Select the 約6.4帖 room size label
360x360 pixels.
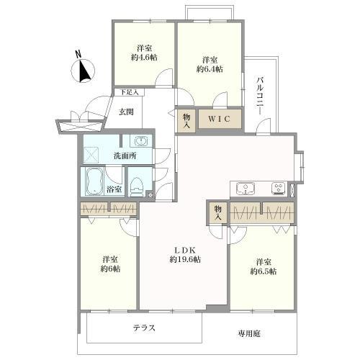tap(210, 69)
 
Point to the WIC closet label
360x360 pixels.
tap(220, 119)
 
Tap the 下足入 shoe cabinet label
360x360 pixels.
tap(130, 92)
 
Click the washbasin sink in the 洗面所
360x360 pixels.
tap(141, 140)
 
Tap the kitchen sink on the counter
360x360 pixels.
tap(247, 189)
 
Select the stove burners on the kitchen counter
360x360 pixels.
tap(277, 189)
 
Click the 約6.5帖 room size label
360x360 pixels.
tap(264, 271)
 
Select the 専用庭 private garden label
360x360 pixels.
tap(250, 333)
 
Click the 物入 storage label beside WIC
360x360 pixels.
tap(186, 119)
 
